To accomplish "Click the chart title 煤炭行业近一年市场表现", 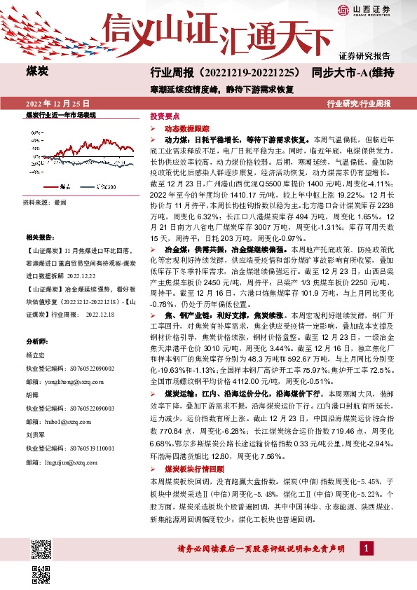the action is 60,114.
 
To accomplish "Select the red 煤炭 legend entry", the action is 63,187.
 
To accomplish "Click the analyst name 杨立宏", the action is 35,356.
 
